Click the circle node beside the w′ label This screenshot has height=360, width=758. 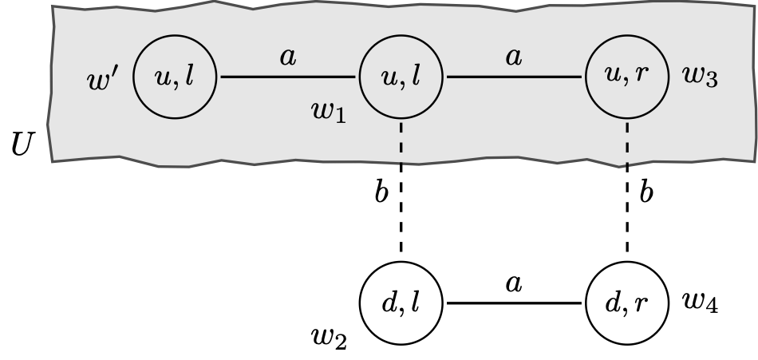[x=174, y=77]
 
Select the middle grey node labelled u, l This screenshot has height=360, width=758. [x=400, y=77]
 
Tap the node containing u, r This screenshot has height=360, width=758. [x=626, y=77]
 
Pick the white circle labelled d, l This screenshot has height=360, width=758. [x=400, y=303]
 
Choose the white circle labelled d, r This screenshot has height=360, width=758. [x=626, y=303]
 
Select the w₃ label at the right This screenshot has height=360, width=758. [x=701, y=77]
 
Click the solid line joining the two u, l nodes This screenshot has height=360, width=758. [x=287, y=77]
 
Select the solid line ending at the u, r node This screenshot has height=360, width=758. [x=513, y=77]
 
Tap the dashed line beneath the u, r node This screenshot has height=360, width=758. [x=626, y=144]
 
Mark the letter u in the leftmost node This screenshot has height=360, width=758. [x=161, y=78]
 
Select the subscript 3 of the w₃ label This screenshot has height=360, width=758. [x=713, y=82]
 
